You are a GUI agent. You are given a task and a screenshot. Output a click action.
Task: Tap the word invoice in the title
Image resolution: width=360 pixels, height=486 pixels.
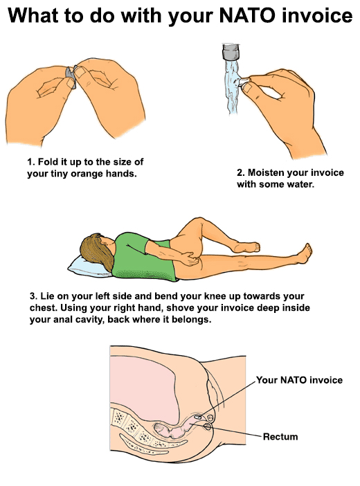pos(317,15)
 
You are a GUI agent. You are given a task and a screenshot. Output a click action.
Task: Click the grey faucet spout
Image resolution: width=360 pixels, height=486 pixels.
pos(231,52)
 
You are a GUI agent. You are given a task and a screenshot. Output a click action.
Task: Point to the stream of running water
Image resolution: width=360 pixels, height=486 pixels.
pos(233,87)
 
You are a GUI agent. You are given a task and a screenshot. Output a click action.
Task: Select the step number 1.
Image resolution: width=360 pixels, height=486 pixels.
pos(30,162)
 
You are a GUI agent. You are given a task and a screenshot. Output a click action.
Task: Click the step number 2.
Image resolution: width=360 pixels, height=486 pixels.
pos(240,172)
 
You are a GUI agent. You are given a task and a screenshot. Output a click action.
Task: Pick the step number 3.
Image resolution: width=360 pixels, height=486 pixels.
pos(33,296)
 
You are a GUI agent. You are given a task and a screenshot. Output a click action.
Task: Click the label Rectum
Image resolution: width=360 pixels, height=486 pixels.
pos(280,437)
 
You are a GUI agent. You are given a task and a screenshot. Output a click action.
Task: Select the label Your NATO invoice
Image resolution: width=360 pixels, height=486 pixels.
pos(299,380)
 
